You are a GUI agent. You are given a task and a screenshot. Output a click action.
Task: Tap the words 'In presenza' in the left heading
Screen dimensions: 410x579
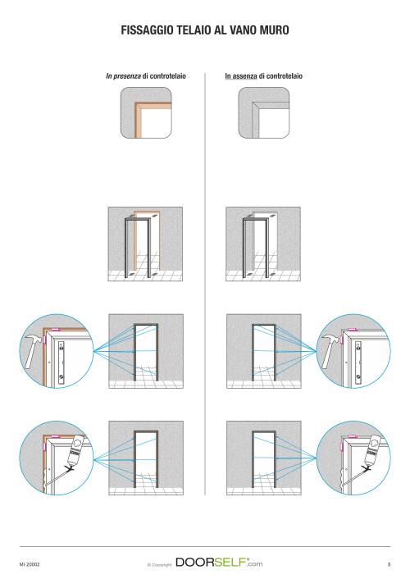(x=123, y=76)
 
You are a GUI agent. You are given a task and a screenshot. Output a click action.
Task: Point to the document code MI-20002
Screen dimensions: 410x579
(x=30, y=564)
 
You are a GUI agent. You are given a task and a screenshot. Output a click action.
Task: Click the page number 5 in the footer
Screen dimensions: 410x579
(x=389, y=564)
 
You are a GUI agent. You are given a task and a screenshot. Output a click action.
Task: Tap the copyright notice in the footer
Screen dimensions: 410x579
(x=160, y=564)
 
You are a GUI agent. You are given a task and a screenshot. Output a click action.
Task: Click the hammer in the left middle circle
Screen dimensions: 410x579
(x=34, y=351)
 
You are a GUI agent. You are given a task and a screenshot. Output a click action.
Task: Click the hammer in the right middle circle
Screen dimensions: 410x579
(x=330, y=351)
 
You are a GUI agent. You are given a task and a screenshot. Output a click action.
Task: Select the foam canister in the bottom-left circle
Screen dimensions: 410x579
(x=75, y=449)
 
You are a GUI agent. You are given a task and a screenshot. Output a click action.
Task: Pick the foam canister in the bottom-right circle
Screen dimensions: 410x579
(x=373, y=449)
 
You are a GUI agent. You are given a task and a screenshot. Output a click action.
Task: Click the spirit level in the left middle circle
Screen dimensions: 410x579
(x=61, y=361)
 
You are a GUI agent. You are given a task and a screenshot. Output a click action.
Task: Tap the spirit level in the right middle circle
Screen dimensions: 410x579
(x=358, y=362)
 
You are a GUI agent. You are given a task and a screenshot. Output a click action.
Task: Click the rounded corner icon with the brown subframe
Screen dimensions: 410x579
(x=146, y=112)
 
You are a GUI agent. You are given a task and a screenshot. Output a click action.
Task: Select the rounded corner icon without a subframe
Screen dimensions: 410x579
(x=264, y=112)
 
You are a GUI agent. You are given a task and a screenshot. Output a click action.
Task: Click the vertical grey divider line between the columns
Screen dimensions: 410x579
(x=205, y=284)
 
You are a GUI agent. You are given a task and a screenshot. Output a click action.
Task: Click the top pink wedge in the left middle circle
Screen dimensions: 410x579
(x=56, y=329)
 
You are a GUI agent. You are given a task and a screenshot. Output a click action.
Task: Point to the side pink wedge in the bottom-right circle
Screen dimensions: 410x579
(x=342, y=447)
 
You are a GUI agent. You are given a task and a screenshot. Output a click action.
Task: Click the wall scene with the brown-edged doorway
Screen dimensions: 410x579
(x=145, y=244)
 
